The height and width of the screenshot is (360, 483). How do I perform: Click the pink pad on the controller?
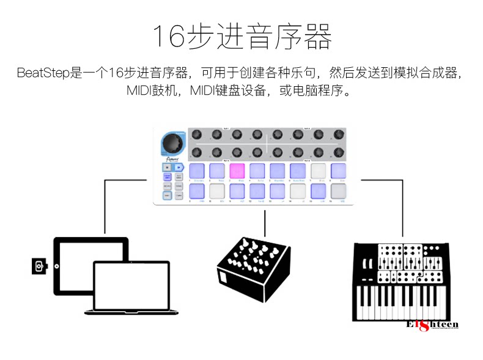(x=237, y=171)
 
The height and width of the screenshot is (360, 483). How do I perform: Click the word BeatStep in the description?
(x=43, y=74)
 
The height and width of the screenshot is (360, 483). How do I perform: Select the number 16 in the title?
(x=167, y=37)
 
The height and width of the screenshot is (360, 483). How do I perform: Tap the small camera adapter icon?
(x=40, y=266)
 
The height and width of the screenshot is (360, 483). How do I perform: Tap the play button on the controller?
(x=179, y=166)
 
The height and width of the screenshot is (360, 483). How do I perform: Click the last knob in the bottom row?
(x=337, y=152)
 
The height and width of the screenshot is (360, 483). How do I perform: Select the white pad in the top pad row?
(x=318, y=171)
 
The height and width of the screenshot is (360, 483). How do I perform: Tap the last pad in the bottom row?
(x=338, y=191)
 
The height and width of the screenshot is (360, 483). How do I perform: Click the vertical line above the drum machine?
(x=265, y=224)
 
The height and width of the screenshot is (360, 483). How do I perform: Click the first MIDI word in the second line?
(x=141, y=91)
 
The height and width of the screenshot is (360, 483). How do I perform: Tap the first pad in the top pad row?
(x=197, y=171)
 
